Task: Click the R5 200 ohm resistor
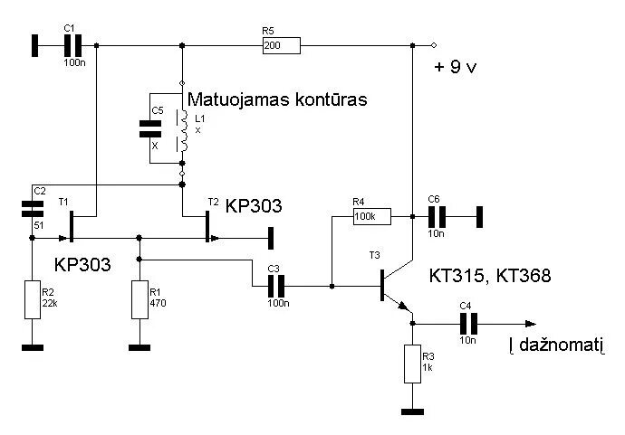[281, 44]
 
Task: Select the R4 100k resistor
[371, 216]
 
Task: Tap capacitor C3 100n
[277, 286]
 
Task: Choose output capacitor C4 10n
[468, 324]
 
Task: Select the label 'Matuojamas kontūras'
[276, 100]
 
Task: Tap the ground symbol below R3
[412, 411]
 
